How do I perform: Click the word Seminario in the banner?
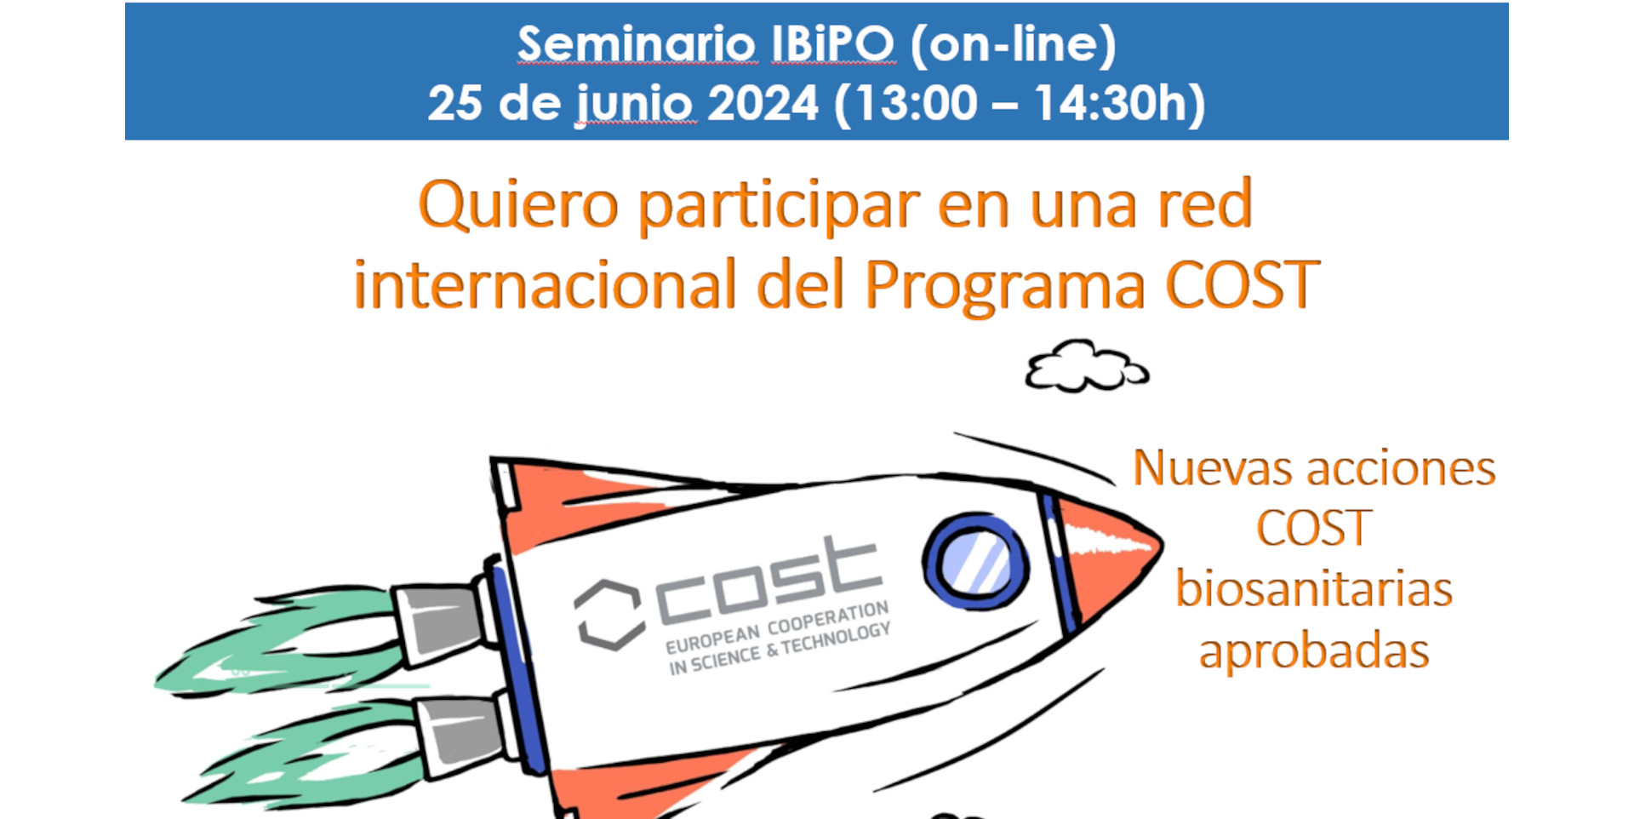[x=636, y=43]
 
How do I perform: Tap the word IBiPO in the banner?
[x=832, y=43]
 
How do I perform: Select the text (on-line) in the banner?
[x=1013, y=44]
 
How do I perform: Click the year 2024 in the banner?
[x=763, y=103]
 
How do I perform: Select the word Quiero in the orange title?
[x=517, y=205]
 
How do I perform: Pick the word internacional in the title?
[x=545, y=285]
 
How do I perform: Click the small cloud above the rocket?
[x=1086, y=367]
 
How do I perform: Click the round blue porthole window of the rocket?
[x=976, y=562]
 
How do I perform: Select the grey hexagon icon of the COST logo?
[x=608, y=615]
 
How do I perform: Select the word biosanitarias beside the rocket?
[x=1313, y=589]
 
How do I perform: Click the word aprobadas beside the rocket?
[x=1313, y=652]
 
